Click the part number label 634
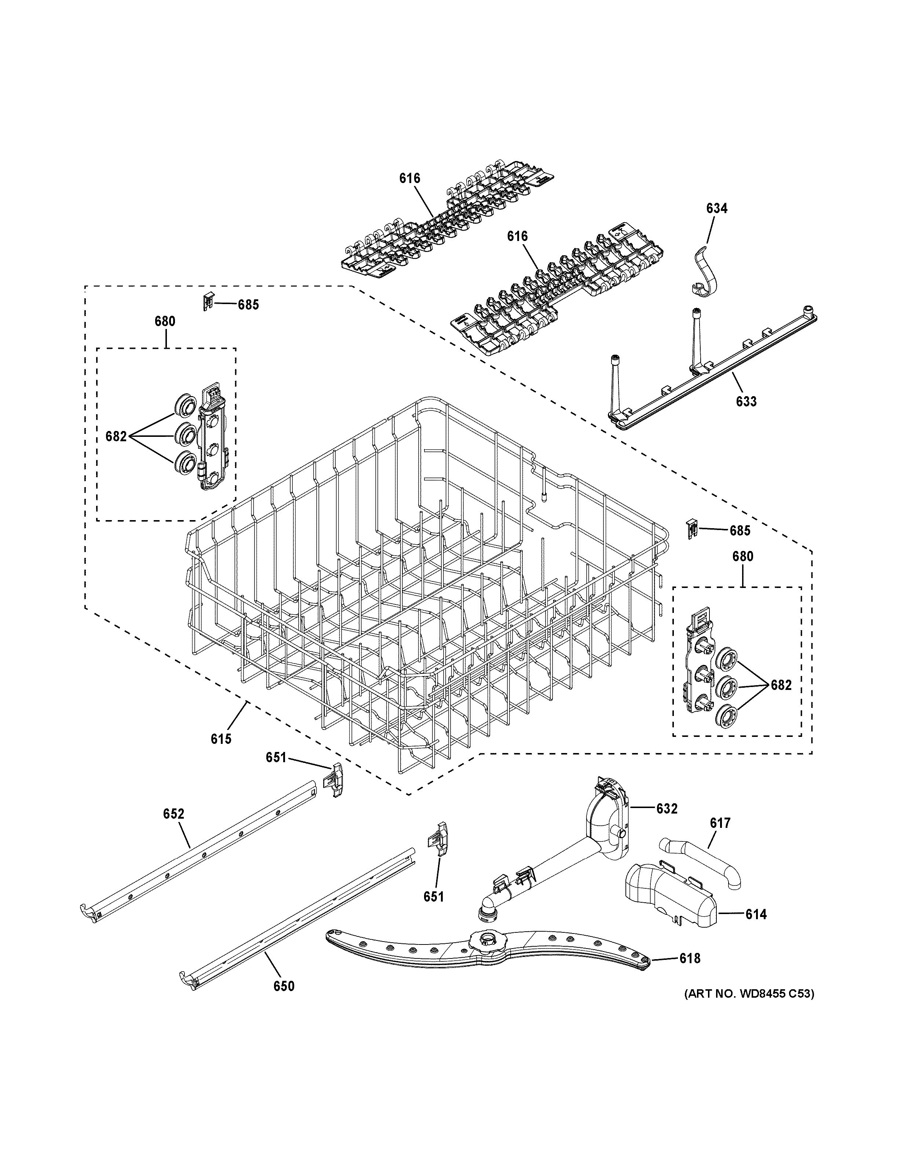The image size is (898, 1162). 716,209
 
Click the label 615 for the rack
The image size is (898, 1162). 221,738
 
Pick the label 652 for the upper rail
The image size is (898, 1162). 174,829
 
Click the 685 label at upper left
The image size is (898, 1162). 248,305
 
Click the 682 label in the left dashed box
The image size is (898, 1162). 116,436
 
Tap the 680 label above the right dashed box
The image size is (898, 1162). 743,556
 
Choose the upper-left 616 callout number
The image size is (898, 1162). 410,178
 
